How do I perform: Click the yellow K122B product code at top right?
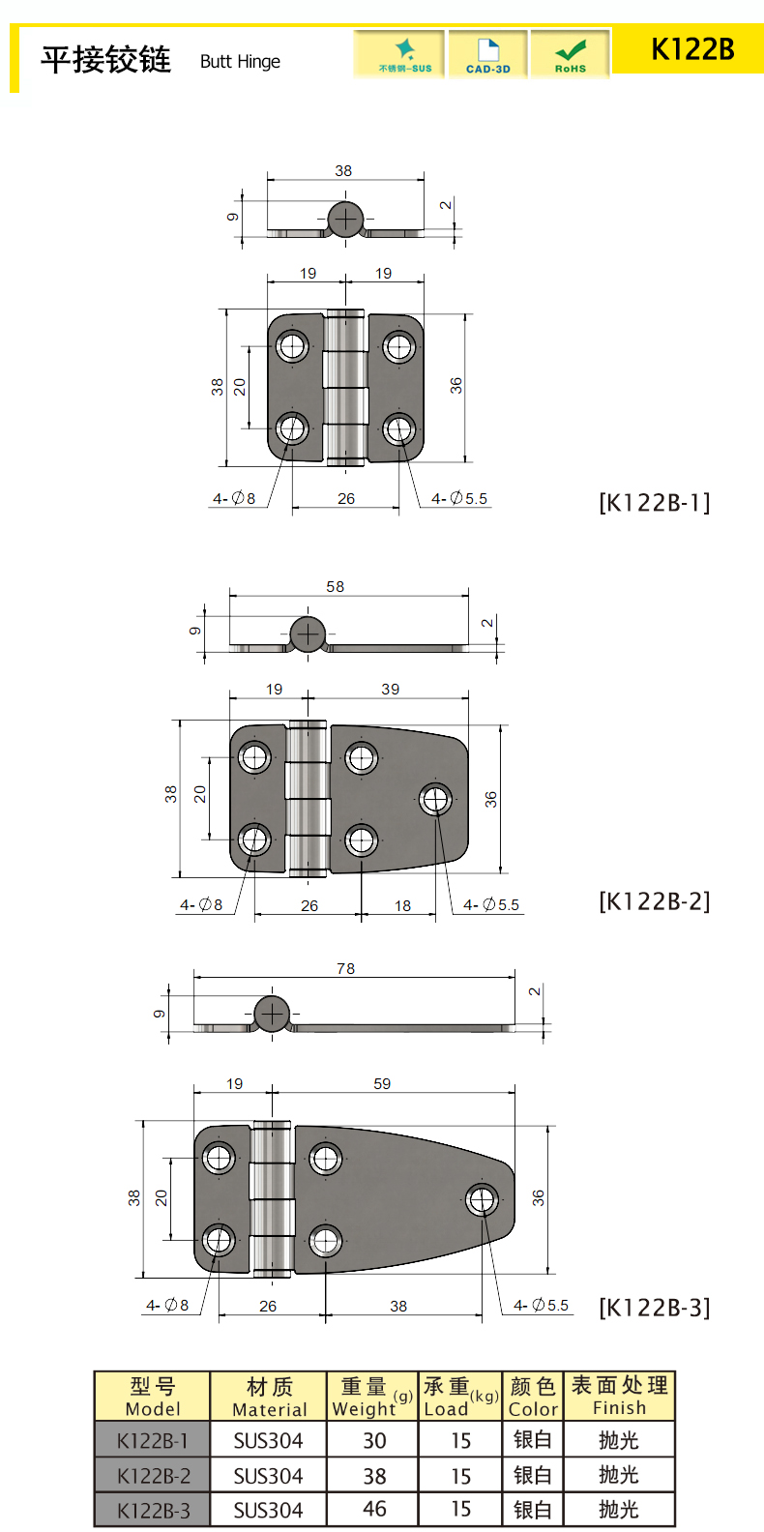(x=692, y=49)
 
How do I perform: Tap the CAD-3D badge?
(x=487, y=55)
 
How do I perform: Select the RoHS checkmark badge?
(x=571, y=55)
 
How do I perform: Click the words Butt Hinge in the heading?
(x=240, y=62)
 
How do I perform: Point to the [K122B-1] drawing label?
(x=655, y=503)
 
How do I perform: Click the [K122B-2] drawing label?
(x=655, y=901)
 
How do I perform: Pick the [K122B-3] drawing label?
(x=655, y=1308)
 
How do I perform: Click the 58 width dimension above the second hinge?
(x=336, y=587)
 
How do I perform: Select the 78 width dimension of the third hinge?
(x=346, y=968)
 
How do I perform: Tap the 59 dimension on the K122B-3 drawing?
(x=382, y=1083)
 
